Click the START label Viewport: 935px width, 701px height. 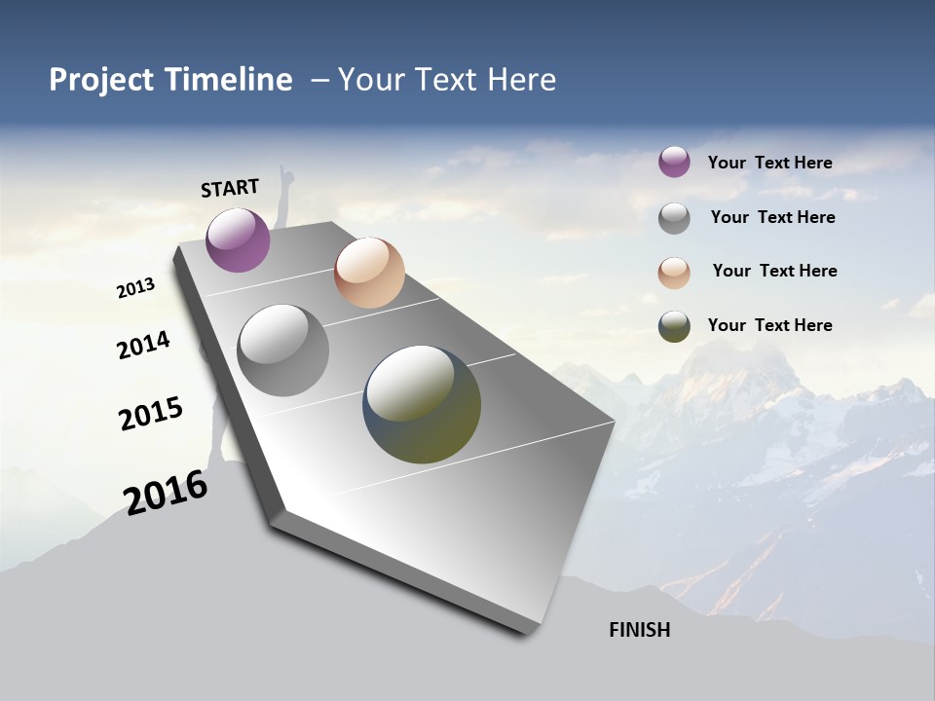tap(230, 187)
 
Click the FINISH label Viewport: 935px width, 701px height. tap(639, 630)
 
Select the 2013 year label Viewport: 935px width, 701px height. tap(135, 288)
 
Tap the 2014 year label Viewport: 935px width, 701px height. tap(143, 345)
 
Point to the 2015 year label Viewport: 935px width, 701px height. tap(150, 414)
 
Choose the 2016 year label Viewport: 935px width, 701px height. tap(166, 493)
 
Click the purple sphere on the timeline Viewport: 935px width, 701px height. tap(238, 240)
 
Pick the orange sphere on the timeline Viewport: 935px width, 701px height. tap(369, 273)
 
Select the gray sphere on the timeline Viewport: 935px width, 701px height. tap(282, 350)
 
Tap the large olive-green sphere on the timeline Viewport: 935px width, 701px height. tap(422, 404)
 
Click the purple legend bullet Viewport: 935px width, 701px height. tap(674, 162)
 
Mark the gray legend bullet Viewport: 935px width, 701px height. tap(674, 218)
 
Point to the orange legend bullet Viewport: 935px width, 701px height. tap(674, 273)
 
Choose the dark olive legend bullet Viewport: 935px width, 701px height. tap(674, 326)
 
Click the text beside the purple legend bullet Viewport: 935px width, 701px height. tap(769, 163)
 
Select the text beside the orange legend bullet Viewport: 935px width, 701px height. tap(774, 271)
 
